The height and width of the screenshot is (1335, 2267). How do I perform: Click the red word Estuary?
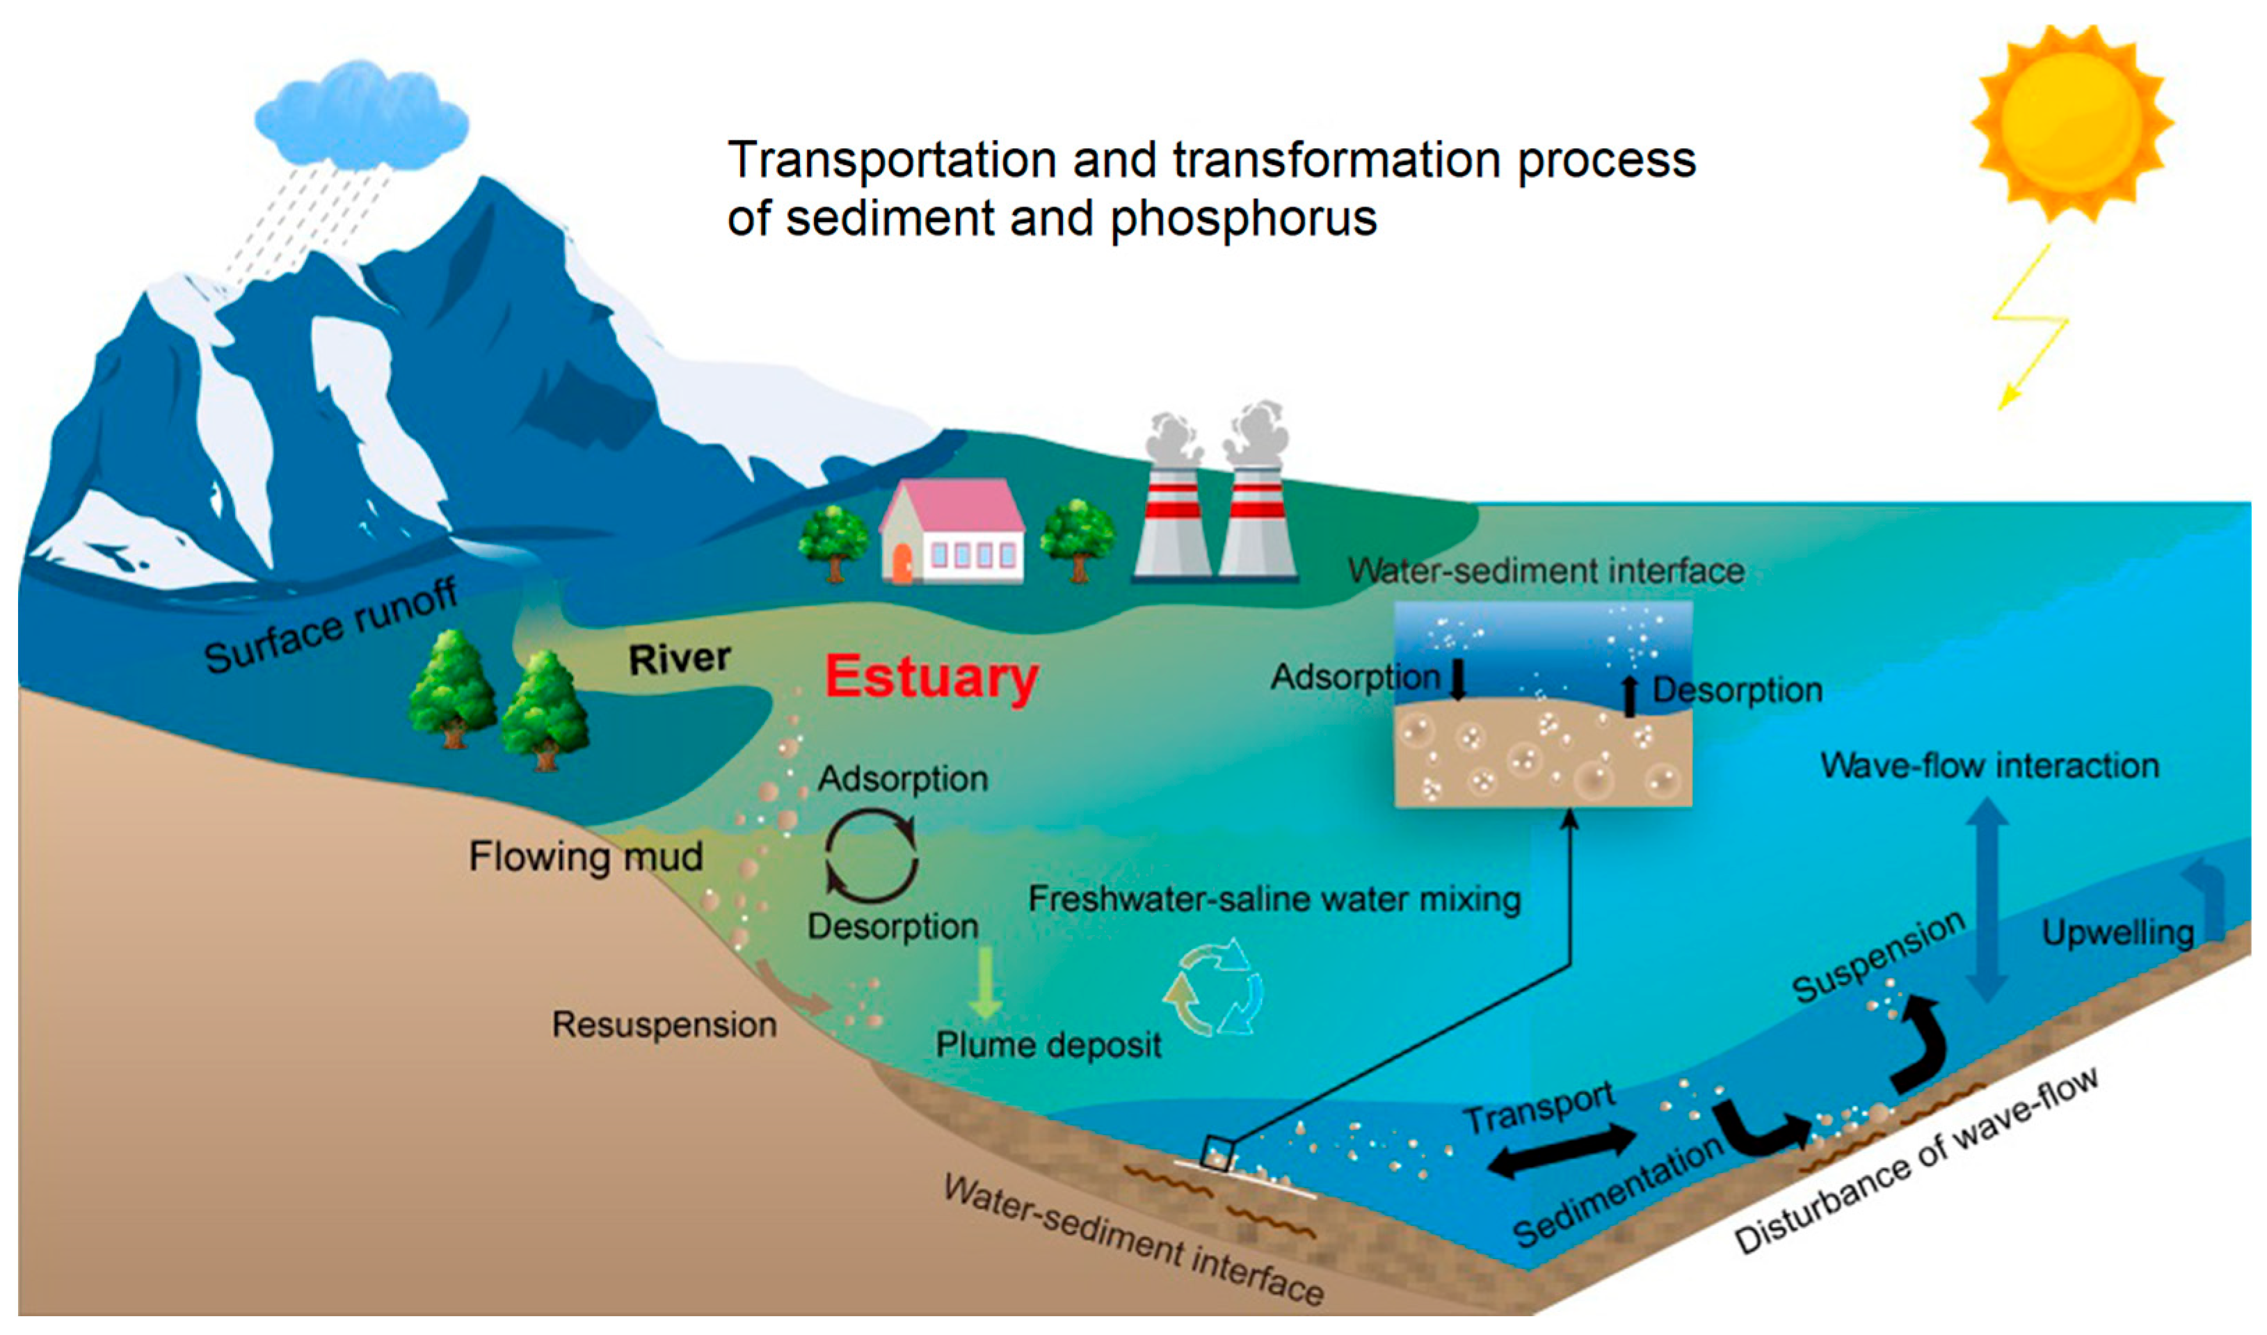(932, 678)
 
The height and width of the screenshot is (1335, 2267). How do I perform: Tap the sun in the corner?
(2071, 122)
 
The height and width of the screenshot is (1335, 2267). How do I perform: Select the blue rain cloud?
(362, 117)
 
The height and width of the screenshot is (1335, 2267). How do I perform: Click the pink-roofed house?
(952, 533)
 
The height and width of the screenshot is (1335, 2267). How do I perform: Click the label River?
(679, 659)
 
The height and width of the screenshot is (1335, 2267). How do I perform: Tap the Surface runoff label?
(331, 627)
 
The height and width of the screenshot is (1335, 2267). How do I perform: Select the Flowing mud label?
(586, 856)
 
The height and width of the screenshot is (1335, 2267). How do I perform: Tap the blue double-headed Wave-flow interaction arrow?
(1987, 900)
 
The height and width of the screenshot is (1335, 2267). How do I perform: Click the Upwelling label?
(2117, 933)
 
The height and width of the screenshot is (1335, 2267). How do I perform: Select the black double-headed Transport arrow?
(1562, 1151)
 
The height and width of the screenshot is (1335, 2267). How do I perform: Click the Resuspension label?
(664, 1025)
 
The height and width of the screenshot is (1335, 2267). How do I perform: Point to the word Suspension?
(1877, 957)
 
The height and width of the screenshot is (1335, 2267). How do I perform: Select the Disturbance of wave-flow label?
(1916, 1162)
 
